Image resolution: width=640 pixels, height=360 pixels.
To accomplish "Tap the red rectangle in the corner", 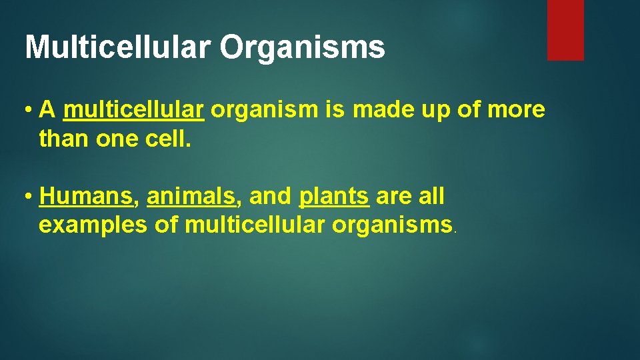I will pos(565,30).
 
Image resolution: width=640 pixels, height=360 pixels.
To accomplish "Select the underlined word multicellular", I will pos(133,110).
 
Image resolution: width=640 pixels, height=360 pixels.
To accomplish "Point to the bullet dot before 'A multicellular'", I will pos(29,111).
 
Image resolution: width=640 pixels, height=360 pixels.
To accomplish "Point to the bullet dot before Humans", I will pos(29,197).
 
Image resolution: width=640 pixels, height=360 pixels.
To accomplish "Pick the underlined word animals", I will pos(191,197).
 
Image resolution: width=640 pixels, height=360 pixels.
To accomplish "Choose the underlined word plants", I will pos(334,197).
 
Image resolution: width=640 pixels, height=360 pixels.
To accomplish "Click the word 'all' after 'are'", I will pos(431,197).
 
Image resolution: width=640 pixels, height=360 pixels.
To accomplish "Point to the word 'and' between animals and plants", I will pos(269,197).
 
